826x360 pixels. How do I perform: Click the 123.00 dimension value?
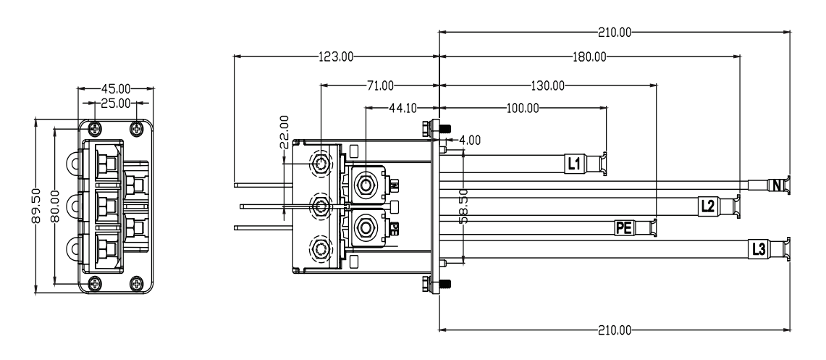(336, 57)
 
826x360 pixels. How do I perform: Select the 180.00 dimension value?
(589, 57)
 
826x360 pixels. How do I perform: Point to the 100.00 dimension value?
(523, 109)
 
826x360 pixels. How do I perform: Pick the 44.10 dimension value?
(403, 109)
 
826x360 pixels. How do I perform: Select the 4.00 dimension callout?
(469, 141)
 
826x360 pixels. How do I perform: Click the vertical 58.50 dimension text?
(463, 206)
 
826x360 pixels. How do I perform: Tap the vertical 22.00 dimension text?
(284, 132)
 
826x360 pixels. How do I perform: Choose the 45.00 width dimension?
(116, 88)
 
